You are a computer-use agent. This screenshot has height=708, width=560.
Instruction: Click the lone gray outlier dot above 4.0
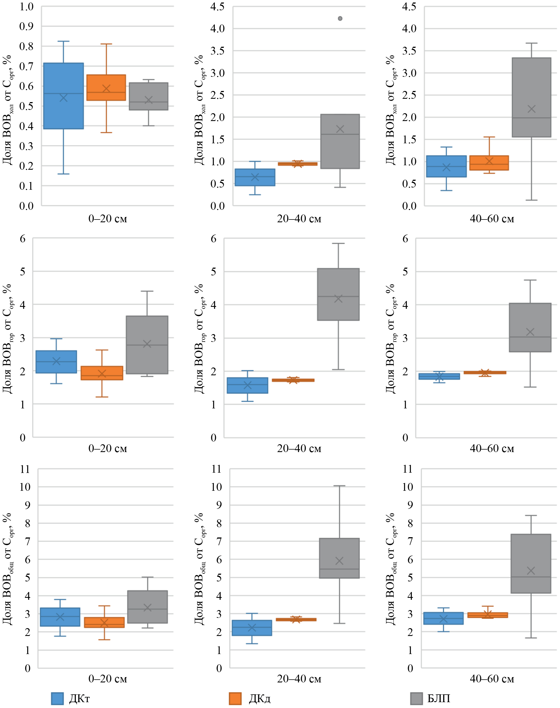(x=340, y=18)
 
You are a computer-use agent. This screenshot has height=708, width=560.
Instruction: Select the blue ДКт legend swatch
(x=57, y=699)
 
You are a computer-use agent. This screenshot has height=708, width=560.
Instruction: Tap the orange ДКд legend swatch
(x=235, y=699)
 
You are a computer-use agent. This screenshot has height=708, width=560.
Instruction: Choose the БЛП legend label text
(x=439, y=699)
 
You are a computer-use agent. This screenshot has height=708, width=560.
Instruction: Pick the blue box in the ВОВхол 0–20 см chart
(x=63, y=96)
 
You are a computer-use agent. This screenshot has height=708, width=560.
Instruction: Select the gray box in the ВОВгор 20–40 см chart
(x=338, y=294)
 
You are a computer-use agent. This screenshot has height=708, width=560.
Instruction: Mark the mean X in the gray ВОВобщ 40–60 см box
(x=531, y=571)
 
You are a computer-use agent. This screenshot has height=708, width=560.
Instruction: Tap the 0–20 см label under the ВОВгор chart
(x=108, y=448)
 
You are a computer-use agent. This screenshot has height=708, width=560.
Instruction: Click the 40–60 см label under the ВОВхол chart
(x=492, y=219)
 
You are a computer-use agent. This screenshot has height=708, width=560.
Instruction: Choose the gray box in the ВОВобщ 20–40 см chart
(x=339, y=558)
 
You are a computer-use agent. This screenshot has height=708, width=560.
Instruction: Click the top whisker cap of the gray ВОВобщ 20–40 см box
(x=339, y=486)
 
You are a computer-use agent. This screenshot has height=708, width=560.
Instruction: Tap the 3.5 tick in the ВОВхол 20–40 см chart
(x=218, y=51)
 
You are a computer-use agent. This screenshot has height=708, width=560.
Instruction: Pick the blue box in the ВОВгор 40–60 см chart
(x=439, y=376)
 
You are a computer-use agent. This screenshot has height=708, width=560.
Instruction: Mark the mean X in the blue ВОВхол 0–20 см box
(x=63, y=98)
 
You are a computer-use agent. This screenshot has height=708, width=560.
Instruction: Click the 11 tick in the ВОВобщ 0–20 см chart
(x=25, y=469)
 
